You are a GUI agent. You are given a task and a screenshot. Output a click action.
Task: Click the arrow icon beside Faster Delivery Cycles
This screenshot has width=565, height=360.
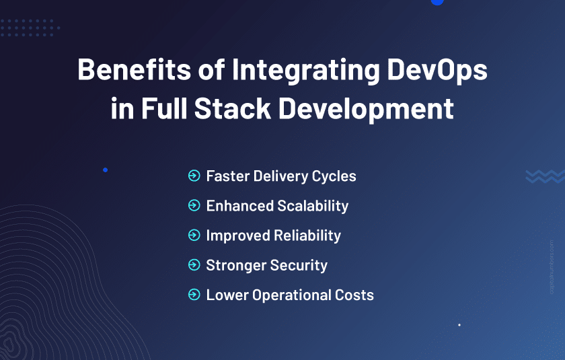coord(194,176)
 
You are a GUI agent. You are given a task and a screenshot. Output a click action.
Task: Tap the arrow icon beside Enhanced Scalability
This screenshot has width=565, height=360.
coord(194,206)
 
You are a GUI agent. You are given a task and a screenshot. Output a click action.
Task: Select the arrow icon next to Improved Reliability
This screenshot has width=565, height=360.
coord(194,236)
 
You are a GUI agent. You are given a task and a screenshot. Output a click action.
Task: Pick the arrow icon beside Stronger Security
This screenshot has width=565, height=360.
coord(194,265)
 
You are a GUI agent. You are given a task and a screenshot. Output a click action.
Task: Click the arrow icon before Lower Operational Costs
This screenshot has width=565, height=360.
coord(194,295)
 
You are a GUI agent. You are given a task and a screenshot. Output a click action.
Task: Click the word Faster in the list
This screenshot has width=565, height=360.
coord(228,176)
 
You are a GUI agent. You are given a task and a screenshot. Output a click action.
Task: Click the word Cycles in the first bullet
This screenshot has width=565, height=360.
coord(334,177)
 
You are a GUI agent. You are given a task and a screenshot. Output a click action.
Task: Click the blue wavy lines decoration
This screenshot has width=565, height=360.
coord(544,176)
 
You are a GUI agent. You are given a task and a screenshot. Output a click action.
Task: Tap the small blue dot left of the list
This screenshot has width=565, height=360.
coord(105,170)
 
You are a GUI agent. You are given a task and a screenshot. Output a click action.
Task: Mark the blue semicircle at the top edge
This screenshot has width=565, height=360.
coord(437,2)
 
